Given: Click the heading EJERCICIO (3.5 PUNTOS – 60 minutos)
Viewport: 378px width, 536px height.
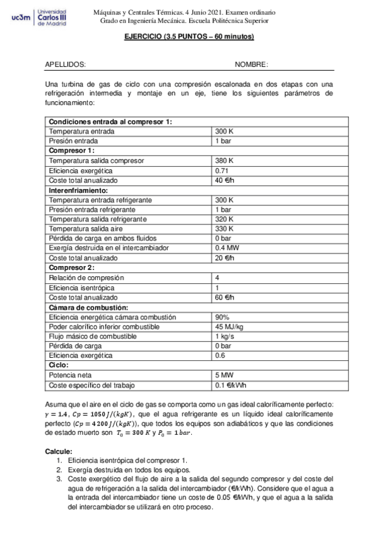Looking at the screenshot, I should click(189, 37).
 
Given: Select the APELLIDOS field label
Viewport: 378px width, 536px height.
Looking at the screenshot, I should click(66, 64).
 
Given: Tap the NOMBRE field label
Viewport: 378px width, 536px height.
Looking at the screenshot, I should click(251, 64).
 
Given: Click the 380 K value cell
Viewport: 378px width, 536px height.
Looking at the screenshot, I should click(225, 161).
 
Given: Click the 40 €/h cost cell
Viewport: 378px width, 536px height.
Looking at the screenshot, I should click(225, 180).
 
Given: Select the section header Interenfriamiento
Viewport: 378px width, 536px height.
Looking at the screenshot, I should click(79, 190).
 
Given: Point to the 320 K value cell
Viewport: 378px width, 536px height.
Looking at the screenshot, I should click(225, 219).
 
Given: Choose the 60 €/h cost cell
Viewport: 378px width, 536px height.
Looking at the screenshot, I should click(225, 298).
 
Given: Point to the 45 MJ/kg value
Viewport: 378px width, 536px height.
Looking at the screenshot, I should click(228, 327).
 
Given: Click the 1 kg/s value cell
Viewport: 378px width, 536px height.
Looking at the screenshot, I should click(225, 336).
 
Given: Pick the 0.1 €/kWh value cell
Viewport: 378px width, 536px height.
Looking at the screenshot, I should click(230, 386).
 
